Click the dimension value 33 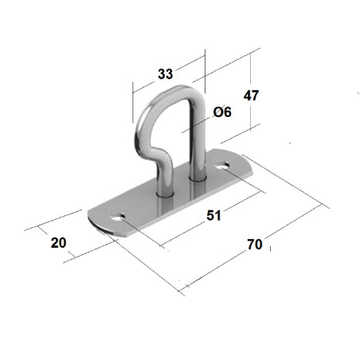[x=166, y=74]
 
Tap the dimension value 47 [x=251, y=96]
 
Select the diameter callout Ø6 [x=222, y=112]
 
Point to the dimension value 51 [x=213, y=215]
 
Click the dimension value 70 [x=255, y=245]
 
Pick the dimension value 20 [x=59, y=243]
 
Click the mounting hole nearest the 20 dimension [x=118, y=217]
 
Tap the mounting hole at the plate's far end [x=222, y=166]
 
